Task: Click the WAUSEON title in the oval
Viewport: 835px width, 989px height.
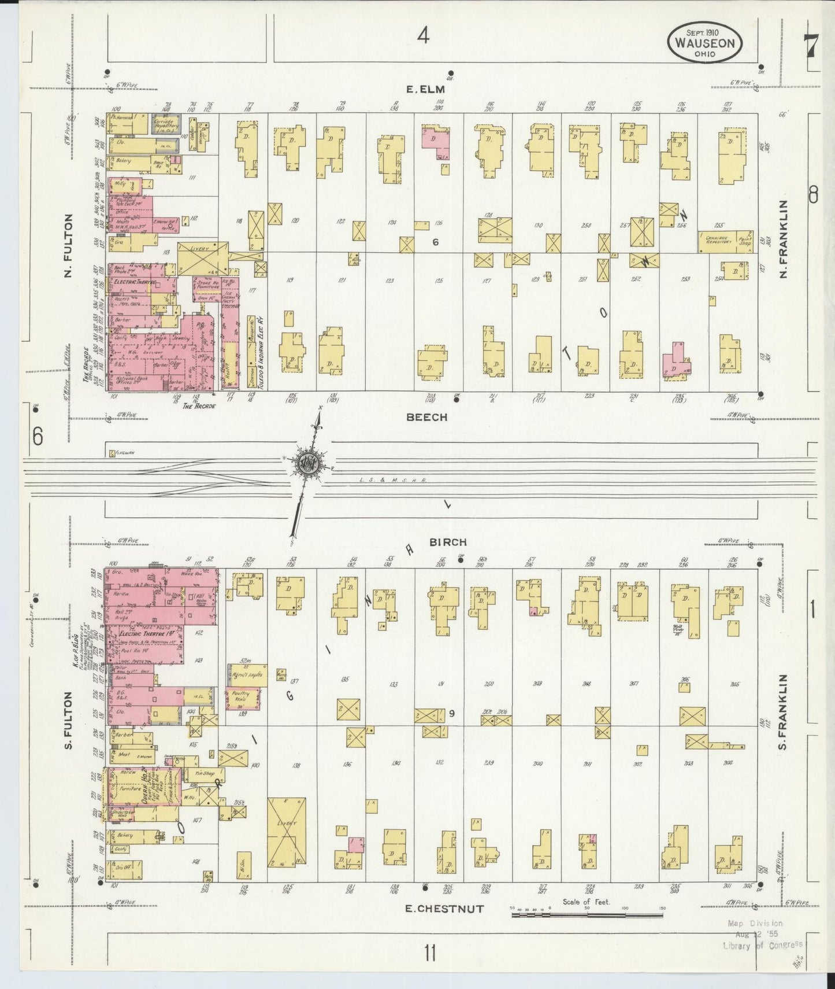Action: click(704, 43)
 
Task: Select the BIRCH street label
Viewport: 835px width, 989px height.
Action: click(448, 542)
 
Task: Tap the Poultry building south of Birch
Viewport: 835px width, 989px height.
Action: click(242, 696)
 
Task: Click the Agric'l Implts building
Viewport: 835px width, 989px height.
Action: click(247, 674)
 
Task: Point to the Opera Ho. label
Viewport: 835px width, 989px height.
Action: click(139, 790)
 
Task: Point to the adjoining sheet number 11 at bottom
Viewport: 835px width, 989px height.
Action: click(429, 952)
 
